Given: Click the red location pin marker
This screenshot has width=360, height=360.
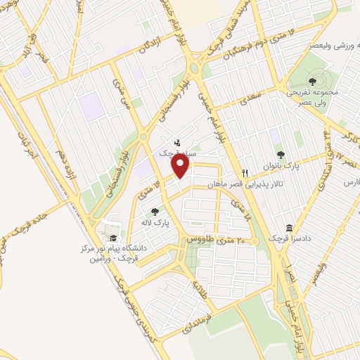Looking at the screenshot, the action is pos(181,166).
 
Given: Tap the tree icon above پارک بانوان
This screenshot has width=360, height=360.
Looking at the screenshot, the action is pos(281,155).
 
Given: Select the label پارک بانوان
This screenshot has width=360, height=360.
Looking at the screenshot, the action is pos(281,167).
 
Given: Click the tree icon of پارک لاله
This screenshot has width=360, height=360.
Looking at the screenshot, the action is pos(155,210).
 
